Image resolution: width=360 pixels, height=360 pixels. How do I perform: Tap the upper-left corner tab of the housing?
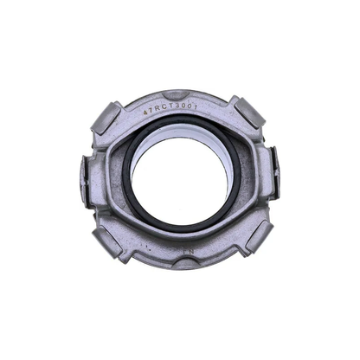[107, 117]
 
